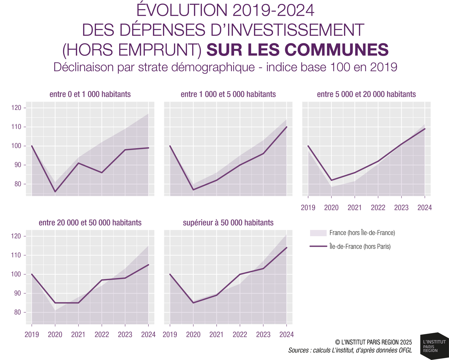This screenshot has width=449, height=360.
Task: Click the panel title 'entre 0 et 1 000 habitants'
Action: point(90,94)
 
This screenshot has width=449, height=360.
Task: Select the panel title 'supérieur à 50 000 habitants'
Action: point(228,223)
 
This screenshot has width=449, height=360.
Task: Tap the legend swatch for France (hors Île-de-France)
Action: point(318,233)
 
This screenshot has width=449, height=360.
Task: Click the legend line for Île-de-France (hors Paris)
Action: point(318,246)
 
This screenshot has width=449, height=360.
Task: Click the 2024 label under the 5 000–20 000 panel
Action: point(425,208)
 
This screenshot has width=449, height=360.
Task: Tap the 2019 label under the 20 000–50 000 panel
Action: point(32,334)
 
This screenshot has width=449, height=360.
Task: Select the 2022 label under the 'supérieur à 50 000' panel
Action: point(240,334)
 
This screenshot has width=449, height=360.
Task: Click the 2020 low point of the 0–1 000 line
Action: point(55,192)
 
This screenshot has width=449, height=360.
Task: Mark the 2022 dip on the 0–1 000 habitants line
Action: point(102,173)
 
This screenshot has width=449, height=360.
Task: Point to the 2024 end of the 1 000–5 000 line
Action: point(287,127)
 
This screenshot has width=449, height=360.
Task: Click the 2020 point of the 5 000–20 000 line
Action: point(331,180)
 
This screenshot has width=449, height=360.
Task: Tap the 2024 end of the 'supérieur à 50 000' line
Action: point(287,247)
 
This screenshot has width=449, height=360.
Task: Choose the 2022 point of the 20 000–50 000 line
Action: point(102,280)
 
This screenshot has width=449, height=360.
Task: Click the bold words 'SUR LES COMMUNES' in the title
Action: point(297,50)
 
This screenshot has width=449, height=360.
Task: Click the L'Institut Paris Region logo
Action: point(433,346)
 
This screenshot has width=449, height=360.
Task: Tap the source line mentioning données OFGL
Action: point(350,350)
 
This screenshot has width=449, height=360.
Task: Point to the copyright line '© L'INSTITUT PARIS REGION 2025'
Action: point(373,342)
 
